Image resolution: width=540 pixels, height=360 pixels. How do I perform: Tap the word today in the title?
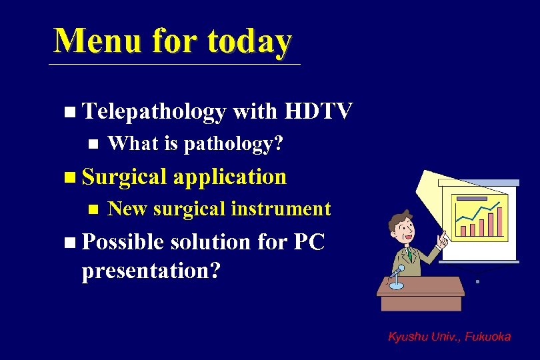click(249, 41)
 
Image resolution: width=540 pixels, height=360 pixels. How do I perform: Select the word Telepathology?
click(153, 112)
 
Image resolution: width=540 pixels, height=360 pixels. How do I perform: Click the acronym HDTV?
click(318, 111)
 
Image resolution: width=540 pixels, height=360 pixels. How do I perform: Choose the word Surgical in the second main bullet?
click(125, 177)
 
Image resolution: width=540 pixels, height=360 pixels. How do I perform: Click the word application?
click(231, 177)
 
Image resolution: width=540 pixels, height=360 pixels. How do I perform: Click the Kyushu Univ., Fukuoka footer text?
click(449, 337)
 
